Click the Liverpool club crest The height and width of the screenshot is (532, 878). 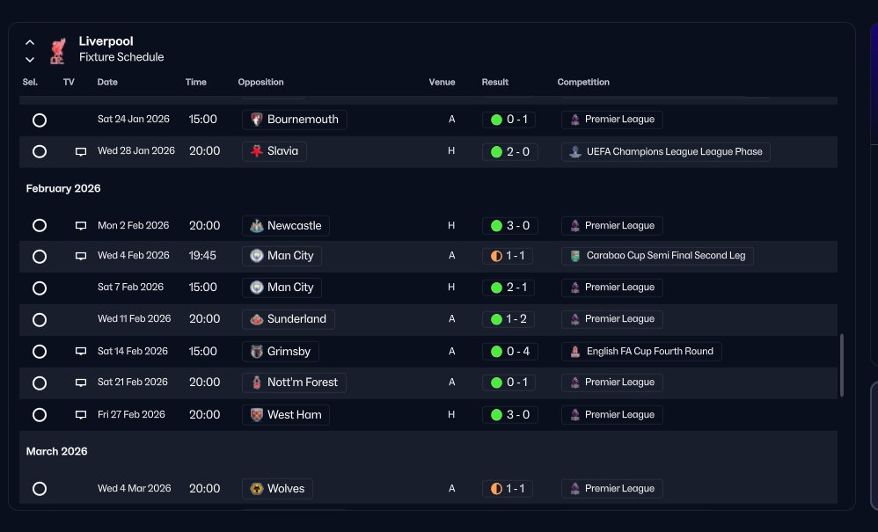point(58,50)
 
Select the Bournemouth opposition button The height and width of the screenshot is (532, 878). point(295,120)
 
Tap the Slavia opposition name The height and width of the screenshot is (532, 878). point(282,151)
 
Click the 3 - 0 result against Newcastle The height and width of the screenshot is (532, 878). point(509,226)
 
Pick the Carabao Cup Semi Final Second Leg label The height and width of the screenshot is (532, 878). point(657,256)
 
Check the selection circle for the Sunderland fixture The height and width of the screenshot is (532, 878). point(40,320)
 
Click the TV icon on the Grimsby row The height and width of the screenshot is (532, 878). point(81,352)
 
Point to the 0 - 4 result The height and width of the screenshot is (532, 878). point(509,352)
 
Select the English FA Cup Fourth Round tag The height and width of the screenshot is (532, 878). point(641,352)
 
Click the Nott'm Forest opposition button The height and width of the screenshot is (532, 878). point(294,383)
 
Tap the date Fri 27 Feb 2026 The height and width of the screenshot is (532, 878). point(131,414)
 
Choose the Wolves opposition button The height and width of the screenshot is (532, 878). point(278,489)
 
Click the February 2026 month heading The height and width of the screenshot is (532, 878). point(63,188)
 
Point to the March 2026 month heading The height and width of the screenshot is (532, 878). point(56,451)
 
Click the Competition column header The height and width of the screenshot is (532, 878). point(583,83)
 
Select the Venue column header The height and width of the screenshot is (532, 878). point(442,83)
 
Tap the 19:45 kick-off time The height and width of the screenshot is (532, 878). point(202,256)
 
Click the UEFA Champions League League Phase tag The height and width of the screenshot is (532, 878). point(666,151)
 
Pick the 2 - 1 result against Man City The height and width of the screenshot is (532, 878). point(509,288)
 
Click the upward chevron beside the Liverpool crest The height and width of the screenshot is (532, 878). point(30,42)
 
